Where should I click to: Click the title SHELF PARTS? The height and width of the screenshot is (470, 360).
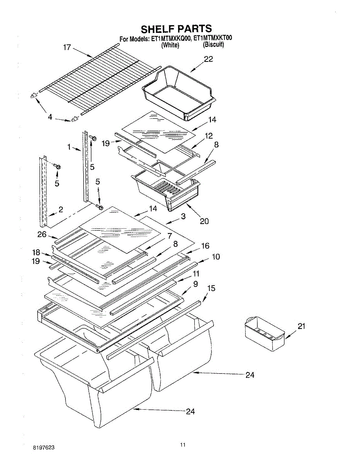176,29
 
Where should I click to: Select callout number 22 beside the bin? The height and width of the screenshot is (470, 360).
208,59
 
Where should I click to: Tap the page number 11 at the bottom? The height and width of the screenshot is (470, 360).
183,444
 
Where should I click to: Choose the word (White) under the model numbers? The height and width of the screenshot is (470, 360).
170,45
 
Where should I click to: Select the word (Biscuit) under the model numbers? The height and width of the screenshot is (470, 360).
213,45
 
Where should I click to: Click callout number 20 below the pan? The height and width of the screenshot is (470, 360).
204,221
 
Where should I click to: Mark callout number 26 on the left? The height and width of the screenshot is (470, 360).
42,235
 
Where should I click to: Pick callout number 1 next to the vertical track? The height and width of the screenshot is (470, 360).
69,147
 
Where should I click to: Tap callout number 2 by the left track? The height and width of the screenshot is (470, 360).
61,210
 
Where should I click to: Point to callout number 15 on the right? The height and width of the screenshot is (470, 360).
211,288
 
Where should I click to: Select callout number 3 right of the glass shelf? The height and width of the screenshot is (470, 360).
183,216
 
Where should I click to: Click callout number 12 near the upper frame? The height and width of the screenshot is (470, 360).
209,136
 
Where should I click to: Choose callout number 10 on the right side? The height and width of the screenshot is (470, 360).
216,257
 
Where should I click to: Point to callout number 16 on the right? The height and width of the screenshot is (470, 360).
205,246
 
